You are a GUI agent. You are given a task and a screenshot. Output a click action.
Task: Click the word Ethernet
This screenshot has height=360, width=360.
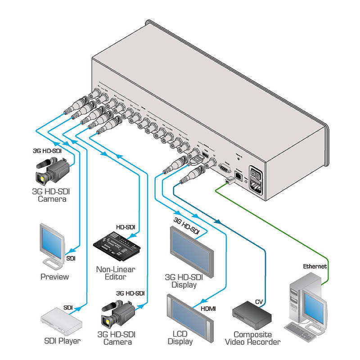[x=315, y=266]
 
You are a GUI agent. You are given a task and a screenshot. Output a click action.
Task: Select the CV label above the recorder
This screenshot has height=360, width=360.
[x=259, y=301]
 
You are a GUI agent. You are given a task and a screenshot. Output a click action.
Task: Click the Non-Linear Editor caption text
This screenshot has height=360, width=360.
[x=115, y=273]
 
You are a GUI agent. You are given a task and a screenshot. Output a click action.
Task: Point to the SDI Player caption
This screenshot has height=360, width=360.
[x=62, y=341]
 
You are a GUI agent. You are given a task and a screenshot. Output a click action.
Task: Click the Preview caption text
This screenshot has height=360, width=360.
[x=54, y=276]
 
